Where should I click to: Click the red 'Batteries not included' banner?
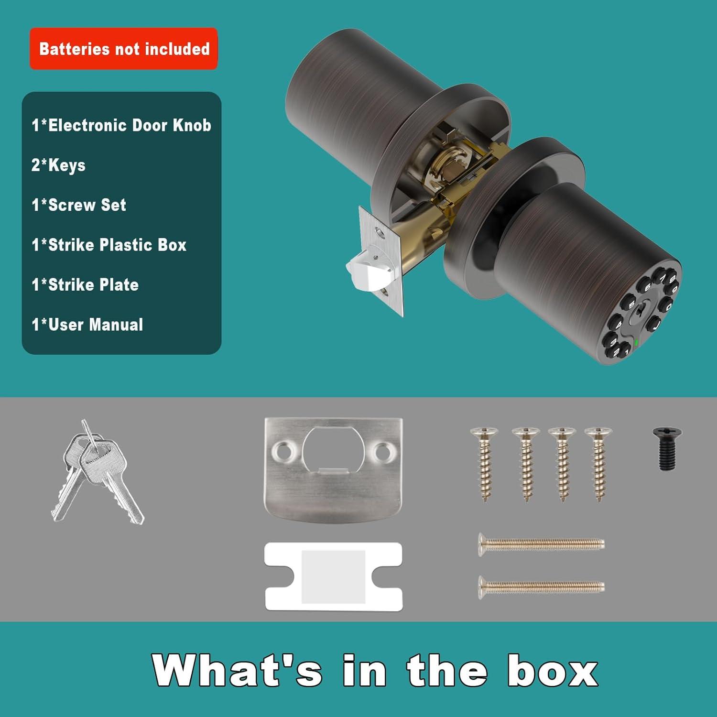coord(124,49)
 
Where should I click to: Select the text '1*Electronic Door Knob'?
coord(121,125)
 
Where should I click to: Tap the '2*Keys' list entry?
coord(58,165)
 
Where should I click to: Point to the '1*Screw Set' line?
coord(79,205)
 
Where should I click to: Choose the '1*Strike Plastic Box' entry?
coord(109,245)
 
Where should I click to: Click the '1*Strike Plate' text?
coord(85,285)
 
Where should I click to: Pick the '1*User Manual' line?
coord(87,325)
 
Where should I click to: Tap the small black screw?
coord(667,448)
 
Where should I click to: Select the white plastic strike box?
coord(333,576)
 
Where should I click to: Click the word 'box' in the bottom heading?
coord(552,670)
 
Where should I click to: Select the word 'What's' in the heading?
coord(237,670)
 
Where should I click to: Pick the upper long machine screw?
coord(541,543)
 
